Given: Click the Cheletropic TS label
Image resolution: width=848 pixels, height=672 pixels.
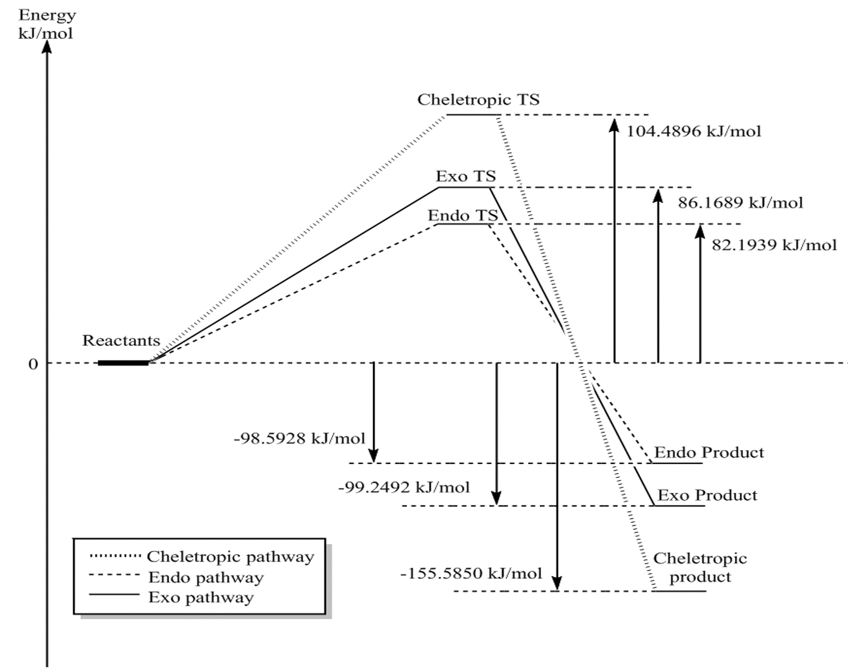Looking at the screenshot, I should coord(478,99).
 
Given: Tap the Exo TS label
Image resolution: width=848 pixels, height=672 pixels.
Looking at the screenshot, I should coord(465,176).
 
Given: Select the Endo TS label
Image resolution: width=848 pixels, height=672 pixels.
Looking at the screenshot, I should coord(462,216).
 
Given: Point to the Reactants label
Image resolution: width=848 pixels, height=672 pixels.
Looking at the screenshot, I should coord(121,340).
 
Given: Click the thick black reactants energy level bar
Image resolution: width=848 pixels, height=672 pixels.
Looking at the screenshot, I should coord(123,363).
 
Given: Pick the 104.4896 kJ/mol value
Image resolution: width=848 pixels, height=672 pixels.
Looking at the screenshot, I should coord(693,131).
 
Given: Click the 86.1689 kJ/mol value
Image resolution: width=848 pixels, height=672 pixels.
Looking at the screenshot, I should coord(740,202).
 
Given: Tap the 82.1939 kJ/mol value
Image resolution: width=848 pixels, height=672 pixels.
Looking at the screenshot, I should coord(774,245).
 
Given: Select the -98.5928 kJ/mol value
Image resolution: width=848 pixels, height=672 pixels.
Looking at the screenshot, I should coord(299,438).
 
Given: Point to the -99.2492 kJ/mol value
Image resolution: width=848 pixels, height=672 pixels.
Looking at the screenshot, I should coord(404,487).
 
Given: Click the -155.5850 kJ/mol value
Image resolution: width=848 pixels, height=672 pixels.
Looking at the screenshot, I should coord(471,573).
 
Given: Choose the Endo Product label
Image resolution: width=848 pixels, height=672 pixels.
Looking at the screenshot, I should coord(709,452).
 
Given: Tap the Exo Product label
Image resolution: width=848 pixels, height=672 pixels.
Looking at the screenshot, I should coord(707,495).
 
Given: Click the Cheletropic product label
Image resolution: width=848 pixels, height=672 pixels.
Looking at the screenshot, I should coord(700,568).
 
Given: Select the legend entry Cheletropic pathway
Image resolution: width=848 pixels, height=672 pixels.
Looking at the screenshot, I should coord(230,556).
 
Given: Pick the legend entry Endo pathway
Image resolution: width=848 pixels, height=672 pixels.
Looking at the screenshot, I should coord(206,578).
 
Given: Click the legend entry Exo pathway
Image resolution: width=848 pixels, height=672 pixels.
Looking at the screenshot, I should coord(201,597).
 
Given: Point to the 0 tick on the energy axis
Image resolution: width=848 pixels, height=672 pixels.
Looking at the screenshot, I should coord(33,364).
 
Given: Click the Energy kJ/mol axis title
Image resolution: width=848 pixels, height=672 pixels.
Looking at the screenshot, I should coord(47,24).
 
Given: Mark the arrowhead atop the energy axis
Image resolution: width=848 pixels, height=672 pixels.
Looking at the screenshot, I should coord(47,47).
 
